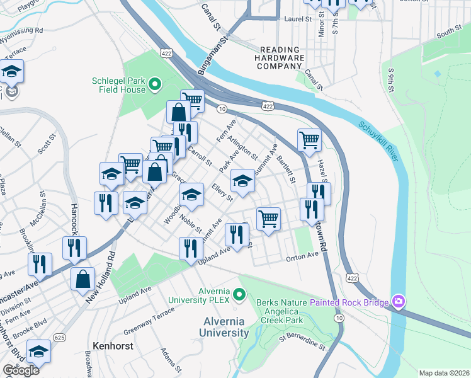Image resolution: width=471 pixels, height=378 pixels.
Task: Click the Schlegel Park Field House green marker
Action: pos(155,84)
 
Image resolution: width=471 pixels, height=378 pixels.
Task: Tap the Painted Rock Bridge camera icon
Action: pos(398,302)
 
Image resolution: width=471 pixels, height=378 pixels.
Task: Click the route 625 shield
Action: pos(60,338)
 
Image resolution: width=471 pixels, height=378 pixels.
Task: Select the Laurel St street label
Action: pos(299,20)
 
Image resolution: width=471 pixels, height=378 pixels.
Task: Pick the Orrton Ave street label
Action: pos(303,256)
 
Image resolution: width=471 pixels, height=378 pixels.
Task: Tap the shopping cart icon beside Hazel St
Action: pos(309,140)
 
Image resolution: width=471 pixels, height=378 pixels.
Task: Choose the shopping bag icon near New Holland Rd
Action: pos(82,278)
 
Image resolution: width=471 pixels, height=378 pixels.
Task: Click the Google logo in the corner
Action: pos(20,370)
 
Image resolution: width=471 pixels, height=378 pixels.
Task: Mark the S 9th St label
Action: pos(392,81)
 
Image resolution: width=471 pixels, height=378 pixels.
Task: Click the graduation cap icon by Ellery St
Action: pos(242,181)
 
